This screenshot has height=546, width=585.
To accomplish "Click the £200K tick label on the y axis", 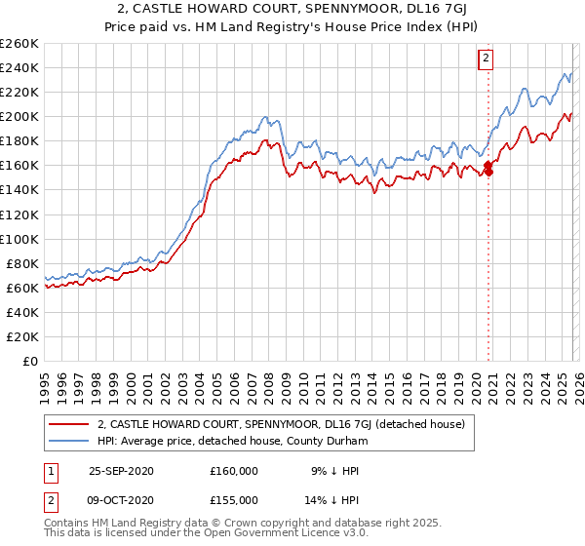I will click(x=19, y=116).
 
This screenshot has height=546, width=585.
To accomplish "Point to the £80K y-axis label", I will click(x=22, y=263).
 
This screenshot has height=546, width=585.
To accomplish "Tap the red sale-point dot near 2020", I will click(x=488, y=173).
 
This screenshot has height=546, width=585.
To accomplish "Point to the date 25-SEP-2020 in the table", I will click(x=121, y=470).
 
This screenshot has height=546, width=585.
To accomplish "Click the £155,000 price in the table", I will click(x=234, y=499).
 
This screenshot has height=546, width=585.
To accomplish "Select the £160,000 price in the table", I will click(x=234, y=470).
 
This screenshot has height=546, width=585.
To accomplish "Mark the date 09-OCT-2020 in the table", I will click(x=121, y=499).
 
